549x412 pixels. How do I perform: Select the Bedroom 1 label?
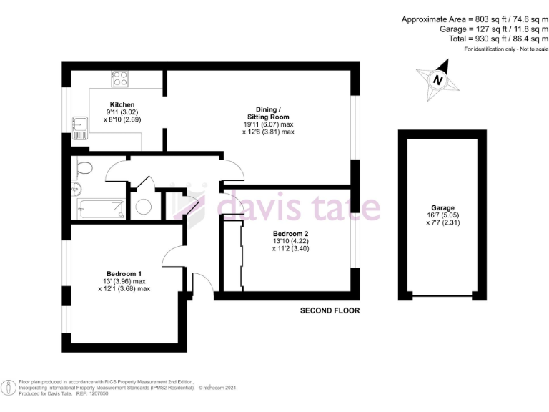point(124,274)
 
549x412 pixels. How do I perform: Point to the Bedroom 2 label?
point(290,233)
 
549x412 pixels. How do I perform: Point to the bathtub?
point(102,210)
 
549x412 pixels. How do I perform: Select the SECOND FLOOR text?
point(330,311)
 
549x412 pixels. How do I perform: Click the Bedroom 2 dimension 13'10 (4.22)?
point(290,241)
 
